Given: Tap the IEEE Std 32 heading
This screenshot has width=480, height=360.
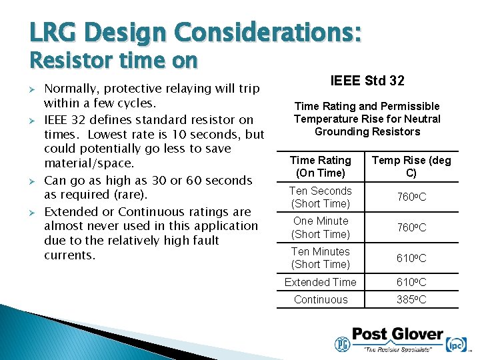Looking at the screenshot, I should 367,81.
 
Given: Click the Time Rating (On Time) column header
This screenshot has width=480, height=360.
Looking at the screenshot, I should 321,167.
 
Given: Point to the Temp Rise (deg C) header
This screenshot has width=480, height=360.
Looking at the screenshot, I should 411,167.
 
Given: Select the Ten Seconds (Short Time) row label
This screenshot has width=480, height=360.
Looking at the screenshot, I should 321,197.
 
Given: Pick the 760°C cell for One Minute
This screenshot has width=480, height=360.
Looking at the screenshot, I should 411,228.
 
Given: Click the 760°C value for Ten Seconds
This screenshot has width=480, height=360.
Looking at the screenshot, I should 411,197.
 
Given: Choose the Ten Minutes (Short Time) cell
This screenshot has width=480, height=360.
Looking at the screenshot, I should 321,258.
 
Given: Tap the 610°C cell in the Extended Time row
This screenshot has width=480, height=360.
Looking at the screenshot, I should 411,283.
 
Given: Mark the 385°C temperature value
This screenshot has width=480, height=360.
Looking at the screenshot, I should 411,300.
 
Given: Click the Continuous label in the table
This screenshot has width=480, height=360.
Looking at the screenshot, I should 321,300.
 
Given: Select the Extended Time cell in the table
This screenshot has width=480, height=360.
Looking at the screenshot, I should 321,283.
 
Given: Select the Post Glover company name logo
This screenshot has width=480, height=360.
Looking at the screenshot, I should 397,334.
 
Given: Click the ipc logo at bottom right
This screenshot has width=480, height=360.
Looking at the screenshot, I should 456,344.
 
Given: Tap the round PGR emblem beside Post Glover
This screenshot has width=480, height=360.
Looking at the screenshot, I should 341,344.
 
